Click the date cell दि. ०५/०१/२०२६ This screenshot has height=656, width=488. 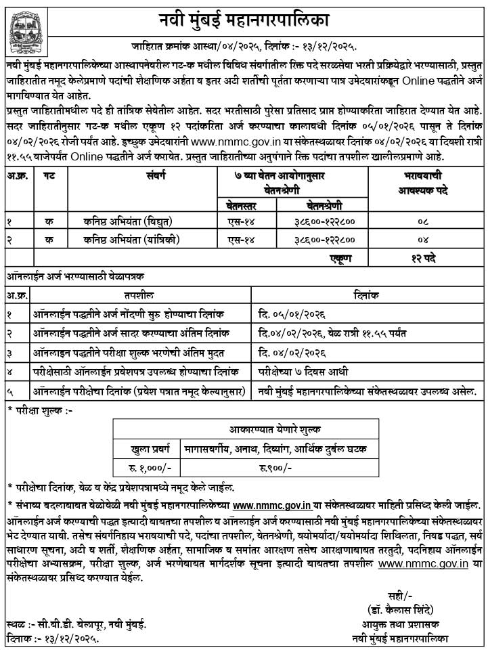289,315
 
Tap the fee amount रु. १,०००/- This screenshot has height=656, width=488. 145,468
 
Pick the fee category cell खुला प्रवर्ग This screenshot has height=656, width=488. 146,449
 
